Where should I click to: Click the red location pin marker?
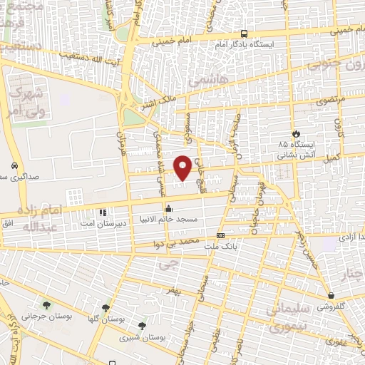click(183, 168)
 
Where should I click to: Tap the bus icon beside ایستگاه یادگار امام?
click(245, 34)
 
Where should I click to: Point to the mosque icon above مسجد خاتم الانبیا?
click(168, 209)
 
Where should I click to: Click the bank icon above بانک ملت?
click(220, 235)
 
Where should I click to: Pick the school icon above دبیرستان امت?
click(103, 212)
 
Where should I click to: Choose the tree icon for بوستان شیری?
click(142, 326)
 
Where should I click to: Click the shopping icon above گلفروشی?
click(331, 295)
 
